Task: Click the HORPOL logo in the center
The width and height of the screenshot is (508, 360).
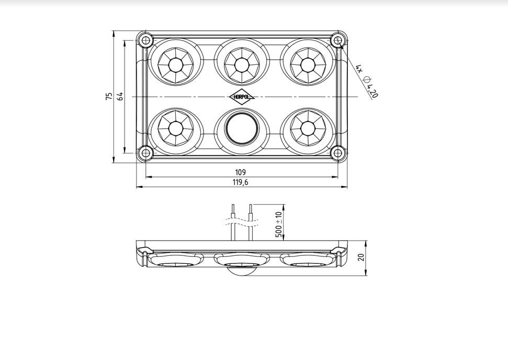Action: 242,97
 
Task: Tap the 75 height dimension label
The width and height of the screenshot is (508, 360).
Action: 109,96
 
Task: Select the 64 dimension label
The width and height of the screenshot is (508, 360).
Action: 120,96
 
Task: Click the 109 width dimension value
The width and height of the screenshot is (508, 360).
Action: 240,172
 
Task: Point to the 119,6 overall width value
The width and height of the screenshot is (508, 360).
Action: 240,183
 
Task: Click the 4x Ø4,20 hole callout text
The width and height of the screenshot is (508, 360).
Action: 367,81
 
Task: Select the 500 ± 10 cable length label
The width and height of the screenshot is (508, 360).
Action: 279,224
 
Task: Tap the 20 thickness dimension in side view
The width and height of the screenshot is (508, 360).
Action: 361,257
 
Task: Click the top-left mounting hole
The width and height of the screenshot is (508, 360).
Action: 146,40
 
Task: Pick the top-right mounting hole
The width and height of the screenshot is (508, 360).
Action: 338,40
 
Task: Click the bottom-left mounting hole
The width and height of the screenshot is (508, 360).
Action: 146,153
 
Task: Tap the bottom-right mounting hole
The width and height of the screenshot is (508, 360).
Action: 338,153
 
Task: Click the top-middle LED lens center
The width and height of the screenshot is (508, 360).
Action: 242,65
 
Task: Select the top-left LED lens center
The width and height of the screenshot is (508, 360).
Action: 176,65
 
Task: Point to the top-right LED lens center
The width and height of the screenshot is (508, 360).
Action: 308,65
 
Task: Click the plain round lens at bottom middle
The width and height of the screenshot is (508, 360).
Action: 242,128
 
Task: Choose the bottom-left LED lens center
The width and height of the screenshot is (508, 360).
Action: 176,128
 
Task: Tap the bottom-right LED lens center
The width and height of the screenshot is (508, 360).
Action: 308,128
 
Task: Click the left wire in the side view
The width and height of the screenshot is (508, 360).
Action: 233,222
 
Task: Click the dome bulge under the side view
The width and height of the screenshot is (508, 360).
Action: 242,272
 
